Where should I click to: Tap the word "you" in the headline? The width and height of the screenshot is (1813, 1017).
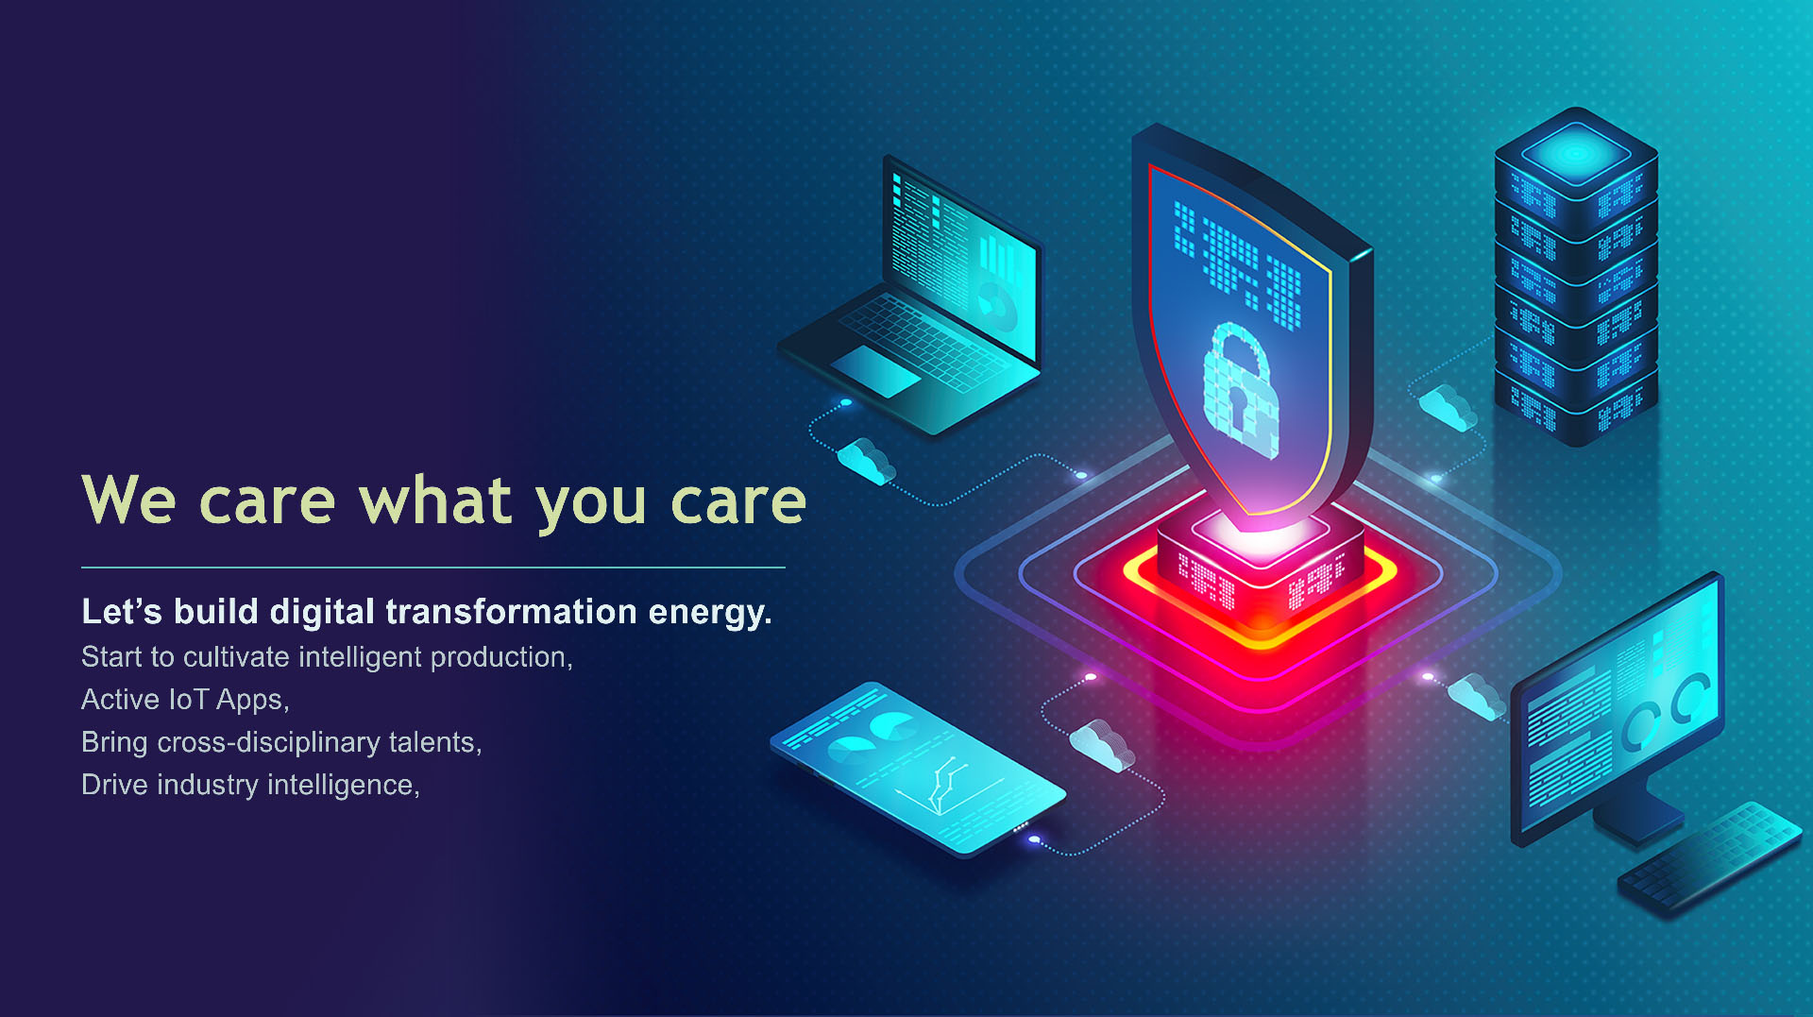click(591, 504)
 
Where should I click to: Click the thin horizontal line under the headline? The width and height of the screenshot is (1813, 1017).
click(433, 568)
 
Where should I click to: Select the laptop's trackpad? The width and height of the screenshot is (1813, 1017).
click(874, 370)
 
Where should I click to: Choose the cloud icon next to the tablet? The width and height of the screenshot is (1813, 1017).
click(1101, 744)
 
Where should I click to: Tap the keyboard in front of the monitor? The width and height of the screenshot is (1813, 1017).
click(1710, 856)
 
